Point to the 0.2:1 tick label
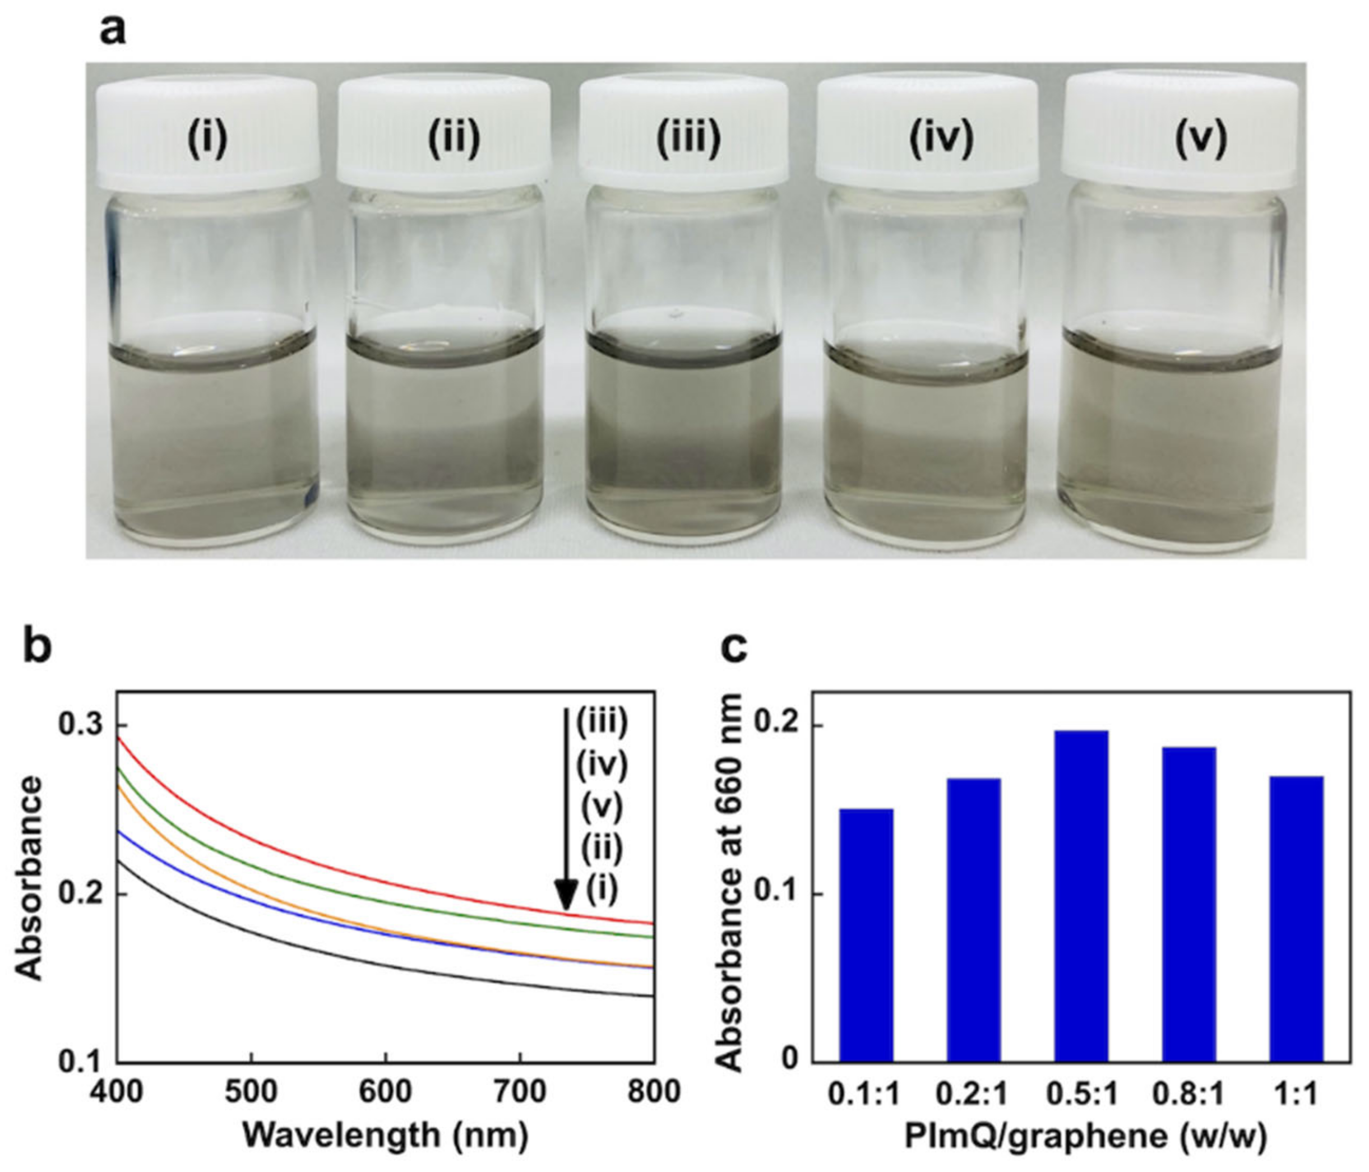pyautogui.click(x=973, y=1094)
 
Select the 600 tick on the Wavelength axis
pyautogui.click(x=385, y=1091)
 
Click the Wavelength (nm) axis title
pyautogui.click(x=385, y=1135)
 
